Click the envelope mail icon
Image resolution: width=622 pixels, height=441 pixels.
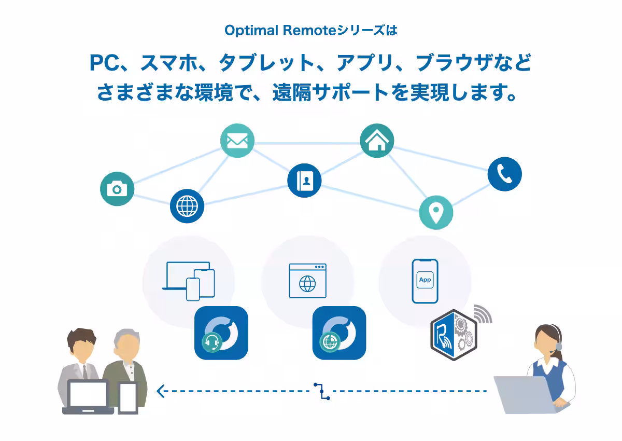[237, 140]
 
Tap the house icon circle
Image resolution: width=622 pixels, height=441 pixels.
[377, 141]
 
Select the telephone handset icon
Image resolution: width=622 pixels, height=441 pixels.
[504, 174]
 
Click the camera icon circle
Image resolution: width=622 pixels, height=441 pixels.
[117, 188]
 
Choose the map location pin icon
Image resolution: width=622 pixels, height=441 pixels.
[436, 212]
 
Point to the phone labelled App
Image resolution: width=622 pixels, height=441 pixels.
[425, 281]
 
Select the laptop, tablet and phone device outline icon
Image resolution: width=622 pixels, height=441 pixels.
[189, 281]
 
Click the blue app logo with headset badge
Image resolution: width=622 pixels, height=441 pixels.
[221, 333]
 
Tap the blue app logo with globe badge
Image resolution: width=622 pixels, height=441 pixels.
[339, 333]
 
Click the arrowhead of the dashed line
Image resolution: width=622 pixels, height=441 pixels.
[160, 391]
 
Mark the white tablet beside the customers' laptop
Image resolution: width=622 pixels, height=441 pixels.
[128, 398]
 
